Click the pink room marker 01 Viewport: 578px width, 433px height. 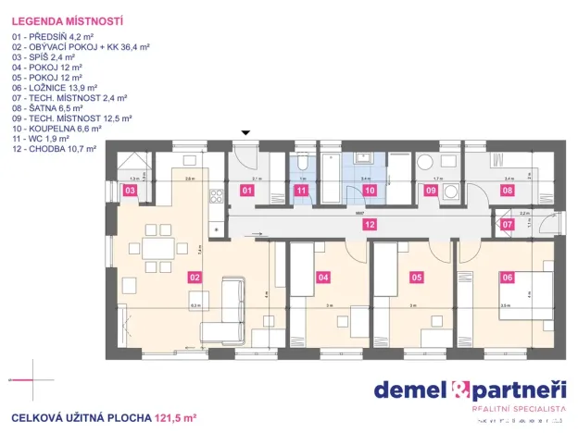[247, 191]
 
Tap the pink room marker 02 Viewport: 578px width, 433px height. [195, 276]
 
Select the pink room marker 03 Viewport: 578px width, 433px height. [131, 191]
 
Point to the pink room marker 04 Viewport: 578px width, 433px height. [323, 276]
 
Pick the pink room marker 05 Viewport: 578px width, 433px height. [417, 276]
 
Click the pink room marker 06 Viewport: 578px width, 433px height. [507, 276]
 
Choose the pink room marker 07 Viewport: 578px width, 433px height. [507, 225]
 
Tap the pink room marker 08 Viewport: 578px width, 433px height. [507, 191]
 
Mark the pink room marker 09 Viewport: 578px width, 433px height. [431, 191]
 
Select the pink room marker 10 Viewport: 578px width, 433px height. [369, 191]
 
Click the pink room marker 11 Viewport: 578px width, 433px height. [301, 191]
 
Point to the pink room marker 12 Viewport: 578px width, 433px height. [369, 225]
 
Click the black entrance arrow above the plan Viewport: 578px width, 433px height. [245, 134]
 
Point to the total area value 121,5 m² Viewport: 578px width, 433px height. [176, 418]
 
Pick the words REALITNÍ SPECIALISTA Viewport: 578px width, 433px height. [519, 408]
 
